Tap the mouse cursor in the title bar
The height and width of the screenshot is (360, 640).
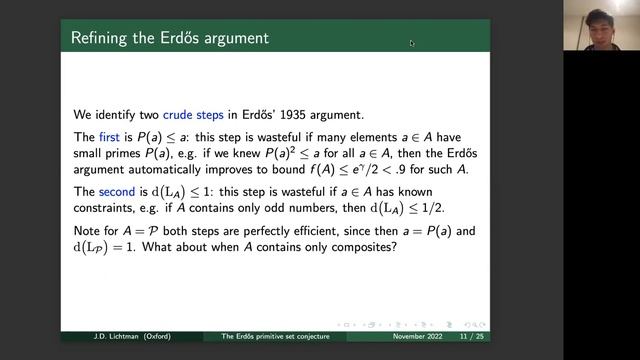(411, 43)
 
